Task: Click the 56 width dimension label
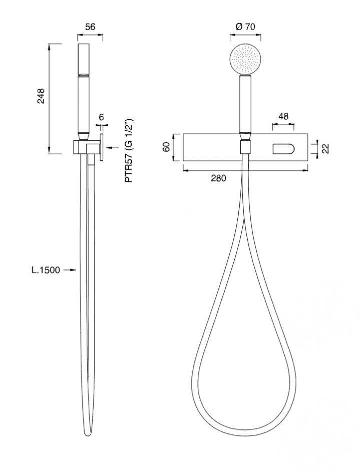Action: (90, 27)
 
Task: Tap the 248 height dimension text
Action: (41, 96)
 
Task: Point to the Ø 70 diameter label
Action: (245, 27)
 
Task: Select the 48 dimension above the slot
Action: (283, 116)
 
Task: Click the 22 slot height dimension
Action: (325, 148)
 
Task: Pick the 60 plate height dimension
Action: (167, 147)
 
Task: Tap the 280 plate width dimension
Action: (218, 178)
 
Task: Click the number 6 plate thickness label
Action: (101, 117)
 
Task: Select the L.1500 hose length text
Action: (46, 270)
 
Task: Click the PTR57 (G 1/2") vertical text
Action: (129, 150)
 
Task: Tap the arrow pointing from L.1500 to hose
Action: (70, 270)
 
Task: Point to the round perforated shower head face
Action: (245, 59)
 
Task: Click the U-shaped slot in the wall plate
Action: (283, 149)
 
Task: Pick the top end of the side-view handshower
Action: (84, 44)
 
